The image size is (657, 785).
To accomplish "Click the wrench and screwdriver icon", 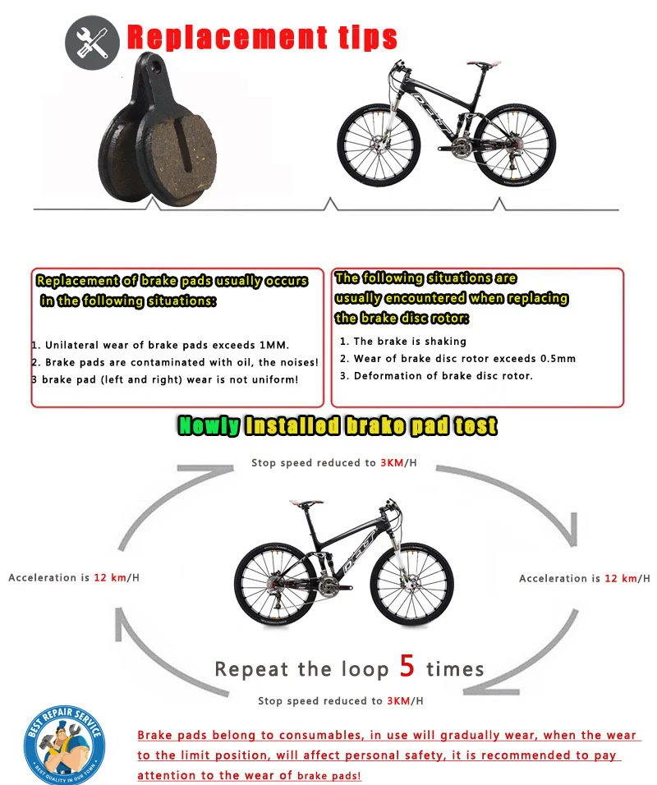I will tap(92, 39).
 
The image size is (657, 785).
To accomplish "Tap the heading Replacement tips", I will tap(262, 37).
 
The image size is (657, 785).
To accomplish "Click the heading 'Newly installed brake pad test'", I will tap(338, 425).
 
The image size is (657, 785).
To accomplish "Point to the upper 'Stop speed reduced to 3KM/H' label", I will tap(334, 463).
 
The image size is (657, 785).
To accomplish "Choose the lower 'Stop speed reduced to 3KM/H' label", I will tap(341, 700).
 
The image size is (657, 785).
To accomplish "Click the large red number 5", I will tap(407, 666).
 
